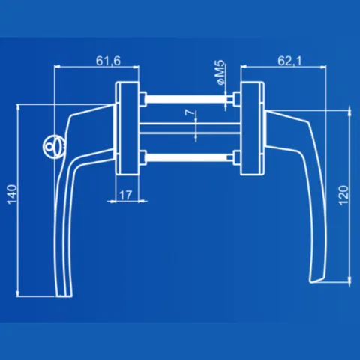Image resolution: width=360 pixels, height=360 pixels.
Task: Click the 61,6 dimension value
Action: [x=108, y=61]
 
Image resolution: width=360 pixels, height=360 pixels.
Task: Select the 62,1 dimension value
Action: [x=289, y=61]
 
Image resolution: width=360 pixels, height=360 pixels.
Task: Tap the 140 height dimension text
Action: [x=12, y=194]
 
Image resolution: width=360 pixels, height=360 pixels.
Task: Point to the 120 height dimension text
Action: [x=343, y=196]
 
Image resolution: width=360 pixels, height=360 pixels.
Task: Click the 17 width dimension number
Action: [x=125, y=195]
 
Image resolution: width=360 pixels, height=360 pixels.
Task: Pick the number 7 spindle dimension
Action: [x=190, y=112]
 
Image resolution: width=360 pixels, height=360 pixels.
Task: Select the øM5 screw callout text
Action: [x=220, y=73]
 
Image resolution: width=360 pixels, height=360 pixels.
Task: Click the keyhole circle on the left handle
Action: [x=54, y=147]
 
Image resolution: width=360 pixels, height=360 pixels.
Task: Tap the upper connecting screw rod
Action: [x=186, y=99]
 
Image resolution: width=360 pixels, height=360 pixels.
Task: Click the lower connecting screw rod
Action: [x=186, y=157]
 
